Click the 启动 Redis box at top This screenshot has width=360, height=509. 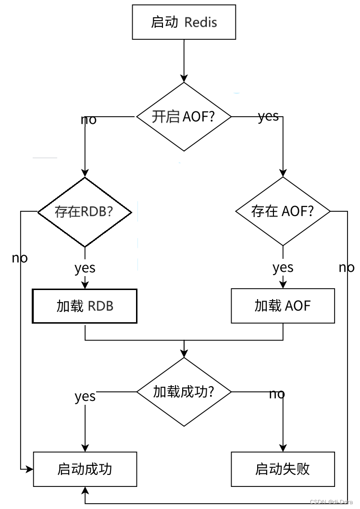184,22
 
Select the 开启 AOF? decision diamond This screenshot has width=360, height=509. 184,117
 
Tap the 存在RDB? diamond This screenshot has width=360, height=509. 85,212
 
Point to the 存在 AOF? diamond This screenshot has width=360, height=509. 283,211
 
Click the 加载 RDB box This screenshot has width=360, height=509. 85,306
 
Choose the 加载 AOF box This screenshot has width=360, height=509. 283,306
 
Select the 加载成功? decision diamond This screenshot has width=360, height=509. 184,392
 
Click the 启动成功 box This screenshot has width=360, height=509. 85,469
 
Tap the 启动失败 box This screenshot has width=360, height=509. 283,469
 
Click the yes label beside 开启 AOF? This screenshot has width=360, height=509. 268,116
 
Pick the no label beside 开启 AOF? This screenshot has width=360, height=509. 88,120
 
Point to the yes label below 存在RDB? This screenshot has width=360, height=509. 85,268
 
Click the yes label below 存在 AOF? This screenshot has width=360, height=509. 283,267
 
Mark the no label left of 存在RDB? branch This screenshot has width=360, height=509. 20,258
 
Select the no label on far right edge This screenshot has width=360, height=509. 347,267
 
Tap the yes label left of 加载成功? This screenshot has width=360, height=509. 85,397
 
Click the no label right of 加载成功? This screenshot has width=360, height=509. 277,394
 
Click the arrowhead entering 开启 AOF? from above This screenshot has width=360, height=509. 184,78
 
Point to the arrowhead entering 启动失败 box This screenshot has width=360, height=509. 283,448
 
